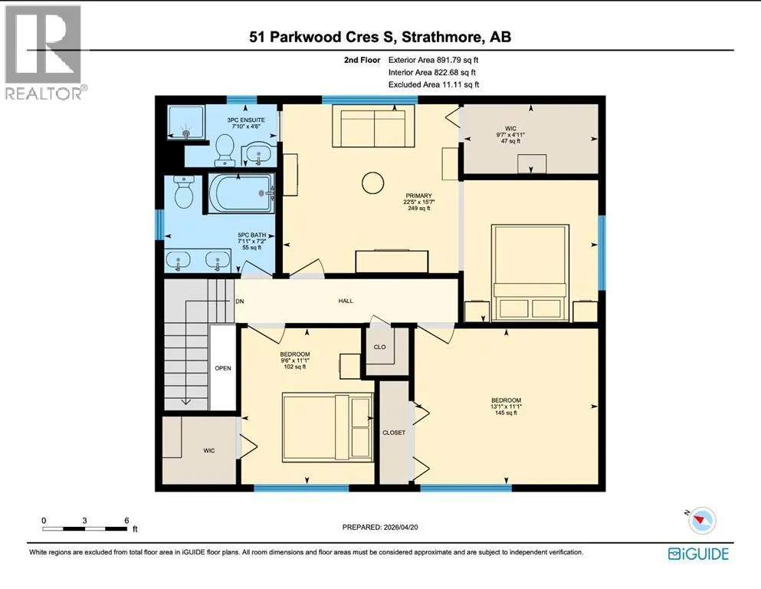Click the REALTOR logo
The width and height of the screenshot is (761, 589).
click(x=46, y=52)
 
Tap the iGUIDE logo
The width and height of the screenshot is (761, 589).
click(x=698, y=554)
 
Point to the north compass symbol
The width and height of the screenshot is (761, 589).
click(x=700, y=520)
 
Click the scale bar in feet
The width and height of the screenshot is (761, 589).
click(x=85, y=528)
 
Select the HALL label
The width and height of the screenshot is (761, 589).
click(x=346, y=301)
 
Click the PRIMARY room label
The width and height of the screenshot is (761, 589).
click(x=419, y=196)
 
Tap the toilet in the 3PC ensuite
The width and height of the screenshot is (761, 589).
click(x=225, y=150)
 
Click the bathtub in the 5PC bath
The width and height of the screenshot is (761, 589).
click(x=241, y=192)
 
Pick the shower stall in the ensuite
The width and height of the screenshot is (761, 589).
click(x=187, y=122)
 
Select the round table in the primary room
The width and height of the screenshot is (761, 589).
click(x=372, y=183)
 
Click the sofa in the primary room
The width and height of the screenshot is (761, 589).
click(x=374, y=127)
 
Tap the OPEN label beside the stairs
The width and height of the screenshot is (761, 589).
click(x=223, y=368)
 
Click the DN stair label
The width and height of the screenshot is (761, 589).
click(x=239, y=301)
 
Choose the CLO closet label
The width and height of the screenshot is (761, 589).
click(x=379, y=347)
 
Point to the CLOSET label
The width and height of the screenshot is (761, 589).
click(x=394, y=433)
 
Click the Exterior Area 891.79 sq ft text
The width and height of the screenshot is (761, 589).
click(x=434, y=61)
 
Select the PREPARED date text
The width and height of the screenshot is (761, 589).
click(x=380, y=527)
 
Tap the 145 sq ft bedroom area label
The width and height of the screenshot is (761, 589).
click(x=507, y=413)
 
